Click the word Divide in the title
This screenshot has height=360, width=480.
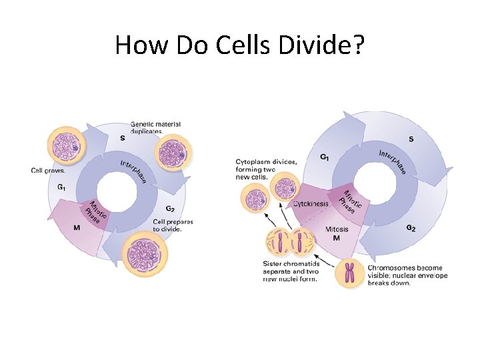tap(320, 45)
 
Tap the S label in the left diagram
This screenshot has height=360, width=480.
tap(122, 138)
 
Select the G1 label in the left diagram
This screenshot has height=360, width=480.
tap(61, 187)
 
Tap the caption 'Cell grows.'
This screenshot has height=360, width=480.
tap(49, 170)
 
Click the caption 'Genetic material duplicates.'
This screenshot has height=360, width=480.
tap(155, 127)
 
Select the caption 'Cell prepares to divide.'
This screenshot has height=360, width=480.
tap(173, 225)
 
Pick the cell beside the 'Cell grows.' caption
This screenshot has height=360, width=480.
tap(65, 146)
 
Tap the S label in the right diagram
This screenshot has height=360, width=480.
tap(410, 139)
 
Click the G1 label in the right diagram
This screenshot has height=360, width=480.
tap(324, 157)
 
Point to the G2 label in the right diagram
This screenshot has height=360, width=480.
tap(411, 228)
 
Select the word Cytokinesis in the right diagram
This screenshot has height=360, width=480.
tap(311, 204)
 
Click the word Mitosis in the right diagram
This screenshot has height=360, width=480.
tap(336, 229)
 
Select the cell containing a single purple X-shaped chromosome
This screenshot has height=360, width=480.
tap(349, 273)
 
